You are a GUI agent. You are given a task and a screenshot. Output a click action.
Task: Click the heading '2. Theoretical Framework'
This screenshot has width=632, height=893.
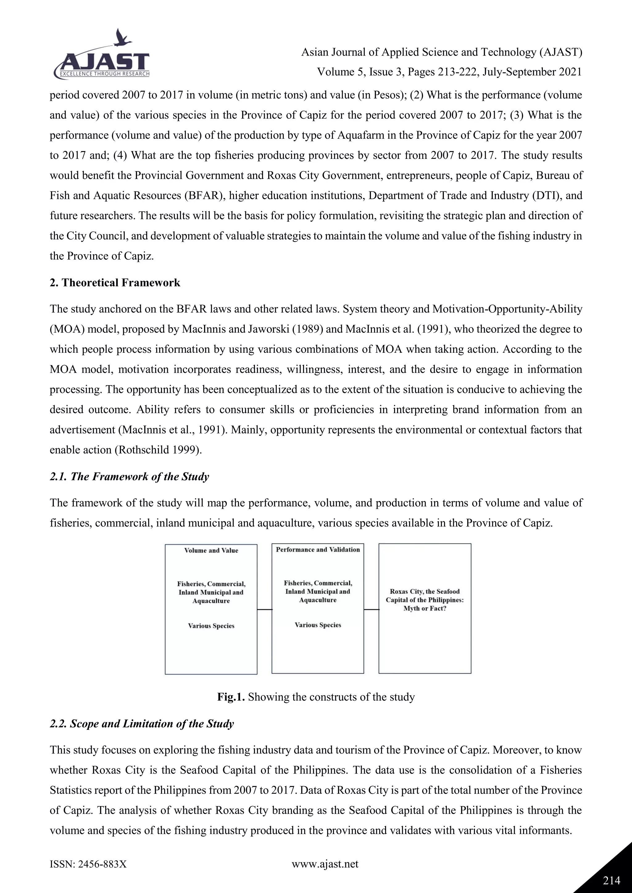[115, 283]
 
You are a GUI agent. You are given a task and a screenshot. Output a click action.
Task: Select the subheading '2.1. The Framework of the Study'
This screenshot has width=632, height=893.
[129, 476]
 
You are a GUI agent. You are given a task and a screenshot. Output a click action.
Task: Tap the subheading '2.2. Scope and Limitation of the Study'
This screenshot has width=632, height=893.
[142, 724]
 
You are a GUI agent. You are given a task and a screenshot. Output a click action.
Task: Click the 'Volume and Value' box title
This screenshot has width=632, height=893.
[211, 550]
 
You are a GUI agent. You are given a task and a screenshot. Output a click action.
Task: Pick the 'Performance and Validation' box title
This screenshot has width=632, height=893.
[318, 549]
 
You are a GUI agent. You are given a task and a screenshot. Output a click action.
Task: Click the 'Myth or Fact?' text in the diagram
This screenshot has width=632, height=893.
[425, 608]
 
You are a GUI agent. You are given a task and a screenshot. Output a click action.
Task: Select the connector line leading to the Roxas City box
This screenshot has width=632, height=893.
[371, 609]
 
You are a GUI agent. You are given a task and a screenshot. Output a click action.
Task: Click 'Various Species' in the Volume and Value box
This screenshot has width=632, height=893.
[211, 626]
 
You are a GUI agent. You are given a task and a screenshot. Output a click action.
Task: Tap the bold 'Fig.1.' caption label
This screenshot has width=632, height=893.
[231, 697]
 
